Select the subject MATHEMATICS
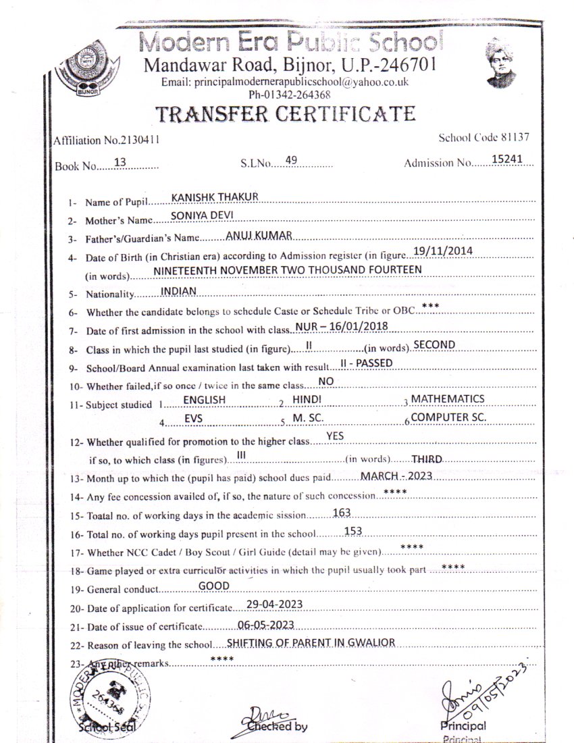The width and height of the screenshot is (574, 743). [448, 399]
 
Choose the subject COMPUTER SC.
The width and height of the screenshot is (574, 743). [449, 417]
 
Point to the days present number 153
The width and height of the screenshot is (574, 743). [354, 531]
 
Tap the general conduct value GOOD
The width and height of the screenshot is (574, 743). [214, 585]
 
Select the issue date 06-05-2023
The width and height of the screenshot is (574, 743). [265, 623]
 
